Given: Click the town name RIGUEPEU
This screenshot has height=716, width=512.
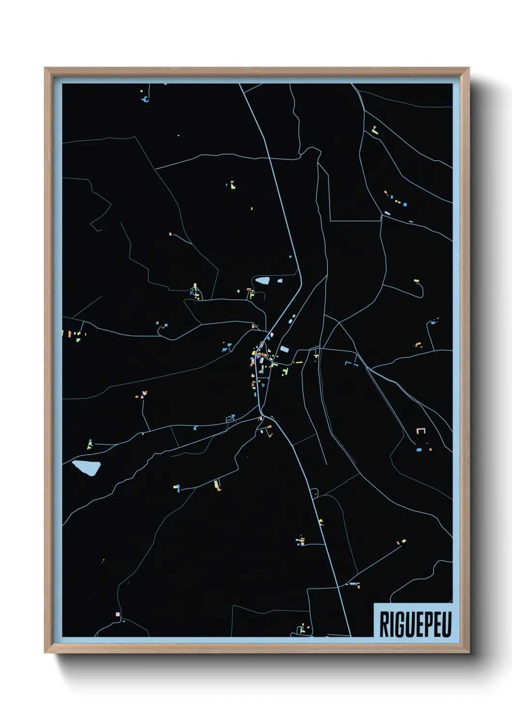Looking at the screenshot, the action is pos(415,625).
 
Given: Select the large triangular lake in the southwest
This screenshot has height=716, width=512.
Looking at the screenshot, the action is pos(87,467).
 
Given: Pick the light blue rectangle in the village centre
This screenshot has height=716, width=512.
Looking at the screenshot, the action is pos(284,349).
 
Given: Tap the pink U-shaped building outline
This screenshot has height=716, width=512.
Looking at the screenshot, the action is pos(421,431).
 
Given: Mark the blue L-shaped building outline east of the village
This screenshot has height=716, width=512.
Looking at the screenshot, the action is pos(347,363).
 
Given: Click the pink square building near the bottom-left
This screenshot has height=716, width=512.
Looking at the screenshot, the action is pos(118,614).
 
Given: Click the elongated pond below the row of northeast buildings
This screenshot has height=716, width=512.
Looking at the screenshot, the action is pos(387,213).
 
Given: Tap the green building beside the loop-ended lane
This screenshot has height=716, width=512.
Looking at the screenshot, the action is pos(416,280).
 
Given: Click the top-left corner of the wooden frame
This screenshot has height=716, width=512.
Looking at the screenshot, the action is pos(45,68).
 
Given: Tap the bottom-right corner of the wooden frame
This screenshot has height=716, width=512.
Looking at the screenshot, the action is pos(469,653).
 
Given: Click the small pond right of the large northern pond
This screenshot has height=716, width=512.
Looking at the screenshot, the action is pos(279,280).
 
